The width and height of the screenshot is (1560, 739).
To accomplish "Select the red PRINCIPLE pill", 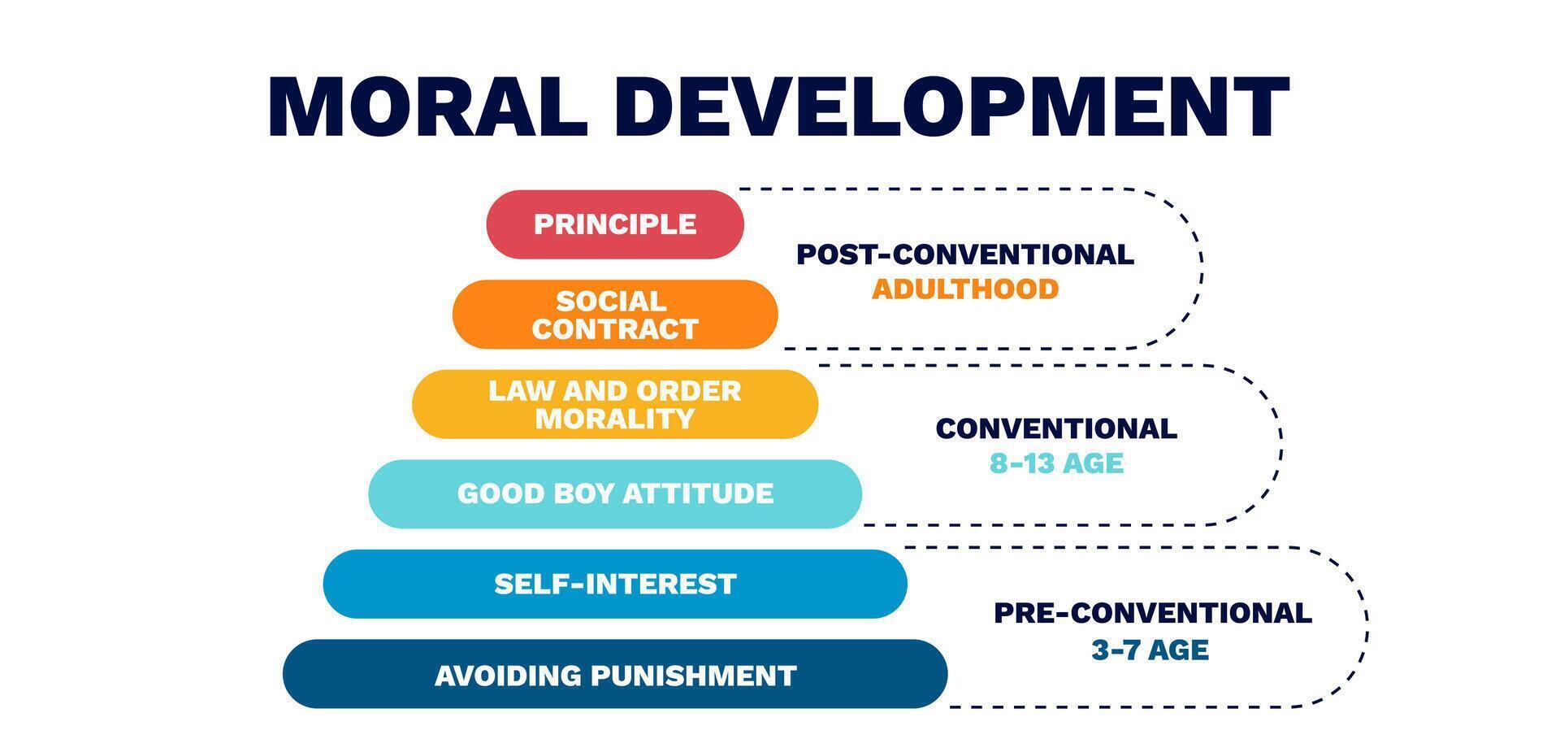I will click(615, 224).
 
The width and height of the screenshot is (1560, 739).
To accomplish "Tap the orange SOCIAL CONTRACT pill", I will click(615, 315).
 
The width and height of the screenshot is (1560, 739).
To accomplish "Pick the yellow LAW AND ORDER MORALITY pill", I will click(615, 404).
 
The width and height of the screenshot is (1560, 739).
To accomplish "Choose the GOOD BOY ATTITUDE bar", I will click(615, 493).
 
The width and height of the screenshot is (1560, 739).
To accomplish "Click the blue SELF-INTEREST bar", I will click(615, 584).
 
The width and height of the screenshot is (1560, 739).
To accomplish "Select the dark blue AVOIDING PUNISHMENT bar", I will click(615, 675).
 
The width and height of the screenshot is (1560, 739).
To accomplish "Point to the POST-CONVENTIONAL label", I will click(964, 254).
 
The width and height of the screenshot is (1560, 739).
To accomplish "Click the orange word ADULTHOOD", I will click(965, 289).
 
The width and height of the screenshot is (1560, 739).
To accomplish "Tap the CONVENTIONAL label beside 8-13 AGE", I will click(1056, 428).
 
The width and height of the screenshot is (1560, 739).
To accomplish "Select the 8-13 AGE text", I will click(1056, 464).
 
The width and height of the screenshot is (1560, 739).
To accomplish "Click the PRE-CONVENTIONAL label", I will click(1152, 613).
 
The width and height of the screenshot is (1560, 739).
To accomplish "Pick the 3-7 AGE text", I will click(1150, 650).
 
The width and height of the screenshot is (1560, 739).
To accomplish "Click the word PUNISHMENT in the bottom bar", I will click(693, 676).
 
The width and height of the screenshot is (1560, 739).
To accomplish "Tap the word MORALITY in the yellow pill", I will click(615, 419).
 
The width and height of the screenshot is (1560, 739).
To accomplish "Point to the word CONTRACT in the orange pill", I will click(615, 329).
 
